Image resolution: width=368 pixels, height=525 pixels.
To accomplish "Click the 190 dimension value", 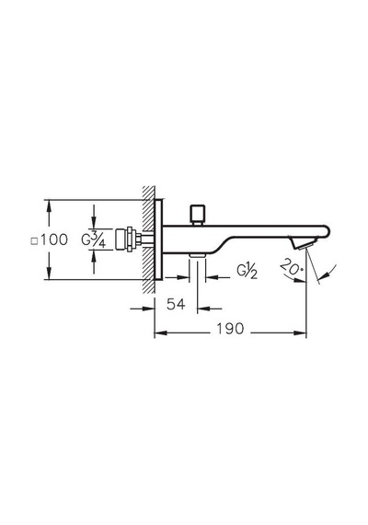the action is click(x=230, y=329).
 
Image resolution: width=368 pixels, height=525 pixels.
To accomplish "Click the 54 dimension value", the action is click(x=176, y=304).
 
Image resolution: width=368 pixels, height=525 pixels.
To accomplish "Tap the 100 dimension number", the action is click(x=54, y=239).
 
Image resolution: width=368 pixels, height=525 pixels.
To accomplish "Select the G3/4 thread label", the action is click(x=94, y=239).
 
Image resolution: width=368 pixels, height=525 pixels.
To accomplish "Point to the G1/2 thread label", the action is click(x=247, y=272).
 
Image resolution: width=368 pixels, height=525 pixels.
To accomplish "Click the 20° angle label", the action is click(x=292, y=267).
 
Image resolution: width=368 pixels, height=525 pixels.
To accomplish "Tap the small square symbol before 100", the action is click(x=34, y=241).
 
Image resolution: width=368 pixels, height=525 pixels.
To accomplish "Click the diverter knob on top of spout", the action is click(x=197, y=215).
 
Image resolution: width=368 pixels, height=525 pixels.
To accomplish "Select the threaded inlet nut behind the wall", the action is click(x=126, y=239).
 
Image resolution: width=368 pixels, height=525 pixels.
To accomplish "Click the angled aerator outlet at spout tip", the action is click(x=304, y=243).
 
